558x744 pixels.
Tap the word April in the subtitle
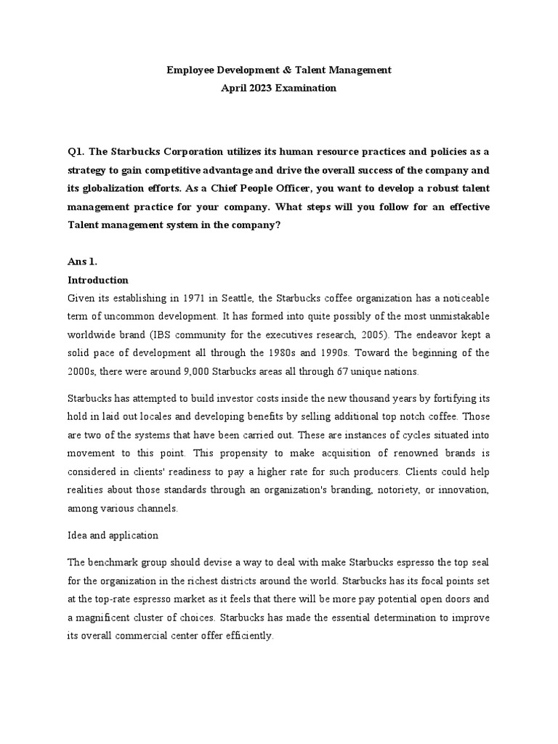coord(236,88)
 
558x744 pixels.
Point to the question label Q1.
coord(76,152)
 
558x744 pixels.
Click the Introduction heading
coord(98,280)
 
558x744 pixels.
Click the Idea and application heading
coord(113,535)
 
